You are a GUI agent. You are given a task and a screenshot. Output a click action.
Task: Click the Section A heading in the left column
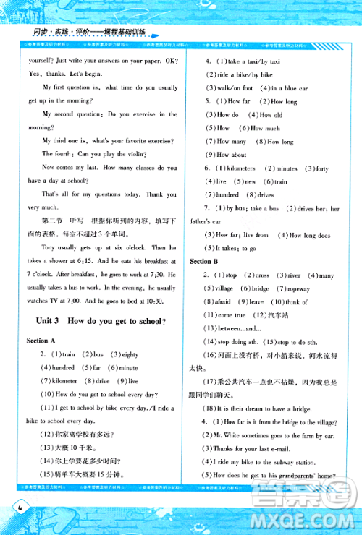[42, 340]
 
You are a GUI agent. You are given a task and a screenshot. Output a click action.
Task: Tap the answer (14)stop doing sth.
[232, 341]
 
